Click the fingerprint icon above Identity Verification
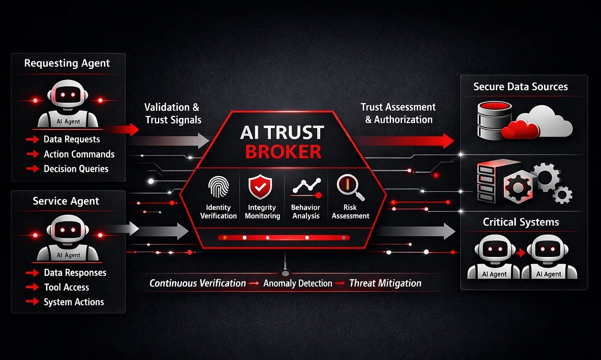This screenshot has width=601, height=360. tap(219, 187)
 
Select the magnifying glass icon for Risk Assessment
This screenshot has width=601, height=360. tap(350, 187)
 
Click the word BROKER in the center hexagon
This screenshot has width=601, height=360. tap(283, 152)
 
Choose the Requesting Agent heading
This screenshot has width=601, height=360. tap(67, 64)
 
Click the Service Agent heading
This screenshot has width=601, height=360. tap(66, 201)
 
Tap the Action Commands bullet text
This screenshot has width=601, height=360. tap(79, 154)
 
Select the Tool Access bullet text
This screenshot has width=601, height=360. tap(67, 287)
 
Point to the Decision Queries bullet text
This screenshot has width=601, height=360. tap(76, 169)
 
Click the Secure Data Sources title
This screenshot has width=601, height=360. tap(520, 87)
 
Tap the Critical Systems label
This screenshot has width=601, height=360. tap(521, 222)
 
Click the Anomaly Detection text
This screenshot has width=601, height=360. tap(297, 284)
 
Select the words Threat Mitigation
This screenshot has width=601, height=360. tap(385, 284)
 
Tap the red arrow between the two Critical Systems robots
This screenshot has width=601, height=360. tap(521, 253)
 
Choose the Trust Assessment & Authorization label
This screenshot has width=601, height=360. tap(398, 113)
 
